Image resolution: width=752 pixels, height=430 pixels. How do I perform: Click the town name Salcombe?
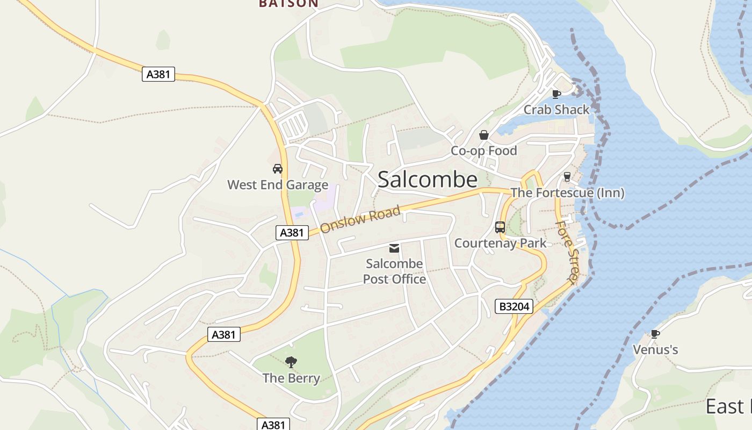tap(428, 180)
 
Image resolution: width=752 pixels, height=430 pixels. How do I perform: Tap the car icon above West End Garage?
tap(278, 169)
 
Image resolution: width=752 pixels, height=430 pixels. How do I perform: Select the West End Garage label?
tap(278, 185)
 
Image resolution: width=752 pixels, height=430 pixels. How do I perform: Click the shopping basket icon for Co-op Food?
tap(484, 135)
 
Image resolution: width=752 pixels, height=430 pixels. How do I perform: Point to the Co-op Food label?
tap(483, 151)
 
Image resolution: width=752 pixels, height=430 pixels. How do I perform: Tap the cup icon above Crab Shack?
tap(556, 94)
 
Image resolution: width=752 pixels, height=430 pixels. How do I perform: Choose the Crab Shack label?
tap(556, 110)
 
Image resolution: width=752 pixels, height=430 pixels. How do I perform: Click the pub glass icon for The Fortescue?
tap(567, 177)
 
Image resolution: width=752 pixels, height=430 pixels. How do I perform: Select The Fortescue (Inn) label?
tap(567, 192)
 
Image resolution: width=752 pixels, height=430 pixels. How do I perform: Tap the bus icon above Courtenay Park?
tap(500, 227)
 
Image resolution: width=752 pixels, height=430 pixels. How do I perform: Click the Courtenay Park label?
tap(500, 243)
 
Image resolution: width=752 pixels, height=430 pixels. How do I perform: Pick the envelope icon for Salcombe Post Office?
tap(394, 248)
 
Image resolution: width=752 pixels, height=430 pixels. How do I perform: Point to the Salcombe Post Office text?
tap(394, 271)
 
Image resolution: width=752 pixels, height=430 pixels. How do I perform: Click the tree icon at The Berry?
tap(291, 362)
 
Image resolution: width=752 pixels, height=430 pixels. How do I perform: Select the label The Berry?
tap(291, 378)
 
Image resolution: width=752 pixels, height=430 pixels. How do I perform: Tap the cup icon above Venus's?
tap(655, 334)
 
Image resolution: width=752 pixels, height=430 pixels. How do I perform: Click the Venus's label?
tap(655, 350)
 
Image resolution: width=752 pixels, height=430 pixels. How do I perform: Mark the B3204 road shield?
tap(514, 306)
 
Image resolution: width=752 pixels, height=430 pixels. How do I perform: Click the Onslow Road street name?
tap(360, 220)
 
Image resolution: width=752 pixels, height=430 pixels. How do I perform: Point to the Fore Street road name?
tap(567, 251)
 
